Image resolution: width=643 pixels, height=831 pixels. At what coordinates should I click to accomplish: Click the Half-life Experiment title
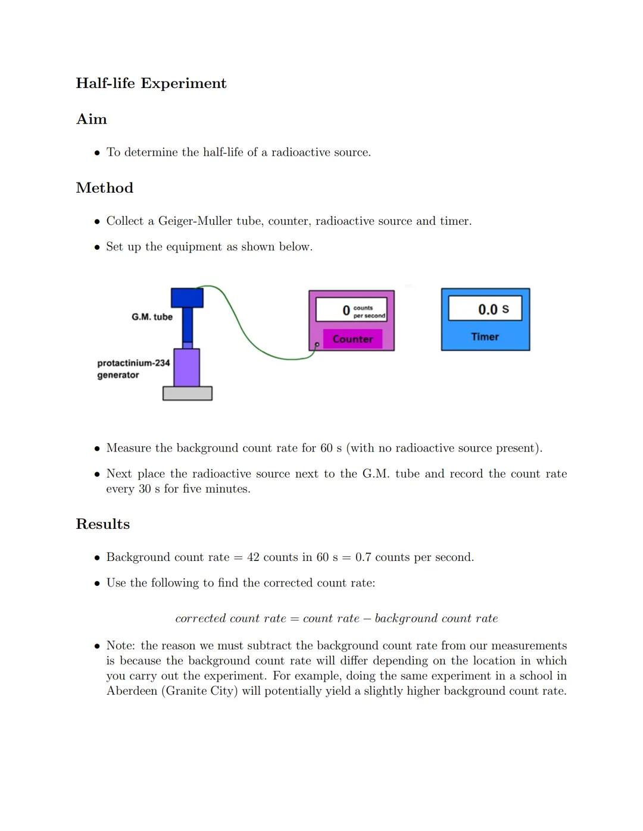pos(151,83)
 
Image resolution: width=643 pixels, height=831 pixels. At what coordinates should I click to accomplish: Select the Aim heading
pos(92,119)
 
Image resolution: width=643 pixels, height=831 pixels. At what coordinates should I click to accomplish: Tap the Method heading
pos(105,188)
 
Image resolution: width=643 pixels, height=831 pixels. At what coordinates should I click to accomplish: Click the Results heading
pos(103,524)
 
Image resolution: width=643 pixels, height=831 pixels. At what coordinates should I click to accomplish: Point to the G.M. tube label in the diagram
pos(152,317)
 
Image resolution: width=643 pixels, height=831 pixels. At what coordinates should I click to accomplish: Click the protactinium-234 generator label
pos(133,369)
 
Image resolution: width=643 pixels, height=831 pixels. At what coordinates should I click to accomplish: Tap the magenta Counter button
pos(352,339)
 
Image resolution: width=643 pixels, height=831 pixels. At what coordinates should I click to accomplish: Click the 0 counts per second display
pos(351,310)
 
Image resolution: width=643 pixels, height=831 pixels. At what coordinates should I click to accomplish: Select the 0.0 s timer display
pos(485,309)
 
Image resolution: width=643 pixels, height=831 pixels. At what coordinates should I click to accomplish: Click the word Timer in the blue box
pos(485,337)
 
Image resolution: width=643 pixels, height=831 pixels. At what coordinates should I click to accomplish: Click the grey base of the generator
pos(188,393)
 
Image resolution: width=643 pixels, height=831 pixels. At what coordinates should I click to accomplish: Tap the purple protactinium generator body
pos(186,368)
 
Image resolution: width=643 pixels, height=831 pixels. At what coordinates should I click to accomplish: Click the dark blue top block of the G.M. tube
pos(187,297)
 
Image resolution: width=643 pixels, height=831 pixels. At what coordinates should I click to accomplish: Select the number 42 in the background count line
pos(253,557)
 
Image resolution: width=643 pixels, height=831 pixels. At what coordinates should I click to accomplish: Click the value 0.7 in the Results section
pos(363,557)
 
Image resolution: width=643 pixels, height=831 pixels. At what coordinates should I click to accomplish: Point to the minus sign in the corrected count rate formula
pos(367,619)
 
